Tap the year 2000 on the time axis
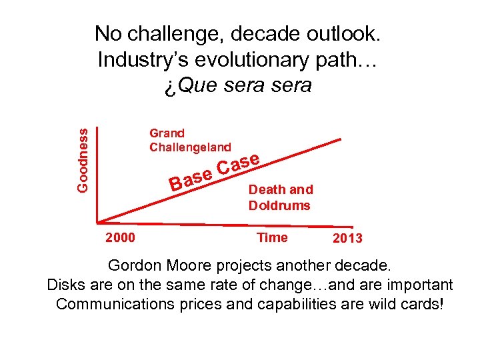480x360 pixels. (x=120, y=238)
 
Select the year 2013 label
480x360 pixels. (x=348, y=239)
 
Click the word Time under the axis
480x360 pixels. (x=272, y=237)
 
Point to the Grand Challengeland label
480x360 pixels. (x=190, y=140)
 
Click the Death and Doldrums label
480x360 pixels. (x=280, y=197)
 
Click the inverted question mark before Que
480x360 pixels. (x=169, y=86)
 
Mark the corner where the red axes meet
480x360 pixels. (x=98, y=221)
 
